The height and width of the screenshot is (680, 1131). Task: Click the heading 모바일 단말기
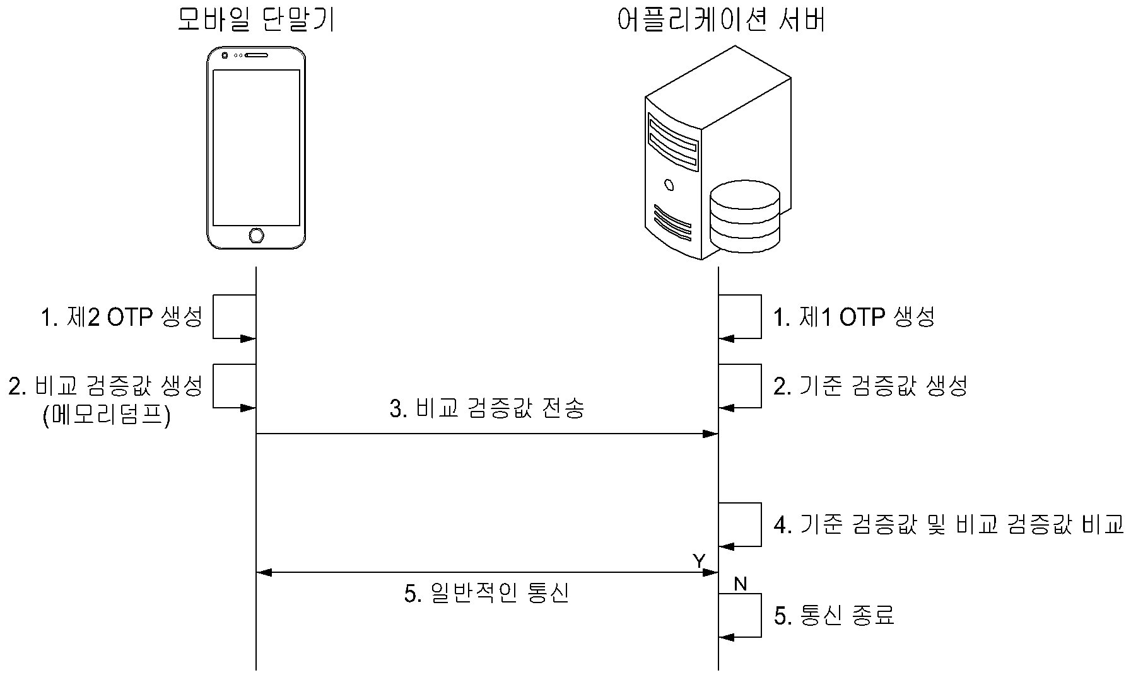(255, 20)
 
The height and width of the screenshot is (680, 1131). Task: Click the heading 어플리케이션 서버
(722, 20)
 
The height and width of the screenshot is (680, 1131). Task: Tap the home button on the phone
(256, 236)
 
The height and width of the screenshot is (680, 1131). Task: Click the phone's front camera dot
(225, 55)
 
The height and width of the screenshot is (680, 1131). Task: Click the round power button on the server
(669, 185)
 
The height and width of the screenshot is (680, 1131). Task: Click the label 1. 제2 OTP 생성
(122, 318)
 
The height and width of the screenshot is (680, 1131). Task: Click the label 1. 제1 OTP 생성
(854, 318)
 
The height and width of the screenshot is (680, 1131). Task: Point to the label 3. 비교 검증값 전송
(487, 409)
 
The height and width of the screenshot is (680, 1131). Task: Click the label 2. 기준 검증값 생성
(870, 386)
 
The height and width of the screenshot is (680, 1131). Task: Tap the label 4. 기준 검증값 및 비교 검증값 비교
(949, 524)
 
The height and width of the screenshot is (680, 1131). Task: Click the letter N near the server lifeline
(740, 584)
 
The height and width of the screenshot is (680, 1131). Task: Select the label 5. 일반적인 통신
(486, 593)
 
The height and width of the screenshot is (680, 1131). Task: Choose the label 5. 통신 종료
(835, 615)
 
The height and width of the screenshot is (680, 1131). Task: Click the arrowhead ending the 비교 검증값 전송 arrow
(711, 434)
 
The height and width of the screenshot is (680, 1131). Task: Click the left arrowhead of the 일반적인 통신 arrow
(264, 572)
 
